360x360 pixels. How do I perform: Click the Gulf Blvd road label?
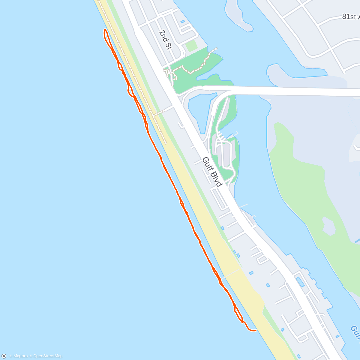coord(212,172)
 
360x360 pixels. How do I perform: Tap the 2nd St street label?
coord(165,40)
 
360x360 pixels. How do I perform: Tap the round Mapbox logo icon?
coord(4,356)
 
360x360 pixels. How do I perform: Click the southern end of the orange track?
coord(255,330)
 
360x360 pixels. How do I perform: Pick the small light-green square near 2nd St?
coord(191,46)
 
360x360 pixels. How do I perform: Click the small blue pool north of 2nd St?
coord(182,22)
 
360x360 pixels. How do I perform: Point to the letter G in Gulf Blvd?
coord(205,160)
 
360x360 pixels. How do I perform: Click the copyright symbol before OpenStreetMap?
coord(31,356)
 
